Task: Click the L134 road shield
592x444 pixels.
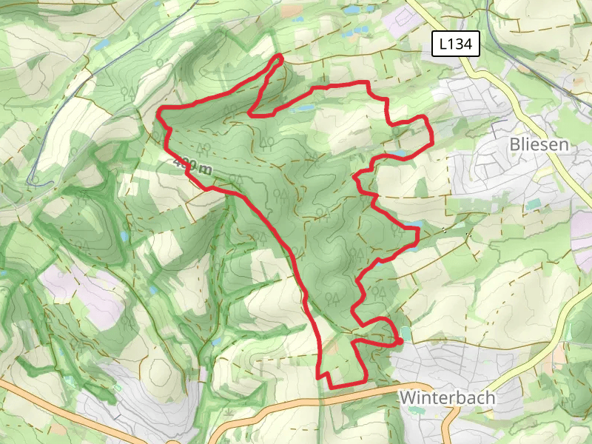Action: click(456, 44)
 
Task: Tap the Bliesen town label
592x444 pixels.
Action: click(539, 144)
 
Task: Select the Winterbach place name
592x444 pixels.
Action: click(447, 397)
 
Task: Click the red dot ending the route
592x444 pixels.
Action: click(400, 340)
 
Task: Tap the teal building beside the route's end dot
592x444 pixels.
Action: click(406, 333)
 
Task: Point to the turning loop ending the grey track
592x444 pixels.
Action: click(33, 179)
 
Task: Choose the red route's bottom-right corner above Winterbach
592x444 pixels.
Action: click(366, 380)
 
